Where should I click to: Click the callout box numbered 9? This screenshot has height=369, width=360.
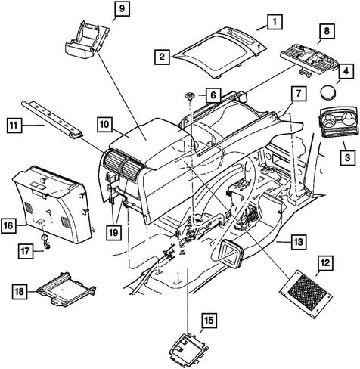[x=122, y=8]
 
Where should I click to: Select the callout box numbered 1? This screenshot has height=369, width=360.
[x=275, y=22]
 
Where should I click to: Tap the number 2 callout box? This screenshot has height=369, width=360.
[x=162, y=57]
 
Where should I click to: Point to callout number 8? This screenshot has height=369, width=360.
[x=327, y=31]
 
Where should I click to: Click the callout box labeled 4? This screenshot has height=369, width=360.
[x=346, y=71]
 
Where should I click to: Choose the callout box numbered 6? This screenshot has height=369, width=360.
[x=213, y=95]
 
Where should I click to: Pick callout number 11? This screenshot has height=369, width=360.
[x=14, y=125]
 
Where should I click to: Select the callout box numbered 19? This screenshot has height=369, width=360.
[x=113, y=232]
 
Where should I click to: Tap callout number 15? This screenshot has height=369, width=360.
[x=209, y=321]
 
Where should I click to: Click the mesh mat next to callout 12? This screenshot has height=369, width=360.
[x=306, y=294]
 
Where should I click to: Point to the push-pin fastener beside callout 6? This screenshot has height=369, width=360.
[x=189, y=96]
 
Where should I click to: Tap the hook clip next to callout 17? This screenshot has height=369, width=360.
[x=46, y=241]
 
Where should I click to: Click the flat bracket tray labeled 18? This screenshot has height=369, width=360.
[x=67, y=290]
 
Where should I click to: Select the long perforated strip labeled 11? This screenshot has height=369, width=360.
[x=51, y=118]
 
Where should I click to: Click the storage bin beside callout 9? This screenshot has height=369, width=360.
[x=86, y=40]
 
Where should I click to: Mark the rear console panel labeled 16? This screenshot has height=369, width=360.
[x=54, y=205]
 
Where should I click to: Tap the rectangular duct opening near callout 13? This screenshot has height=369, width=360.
[x=231, y=253]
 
